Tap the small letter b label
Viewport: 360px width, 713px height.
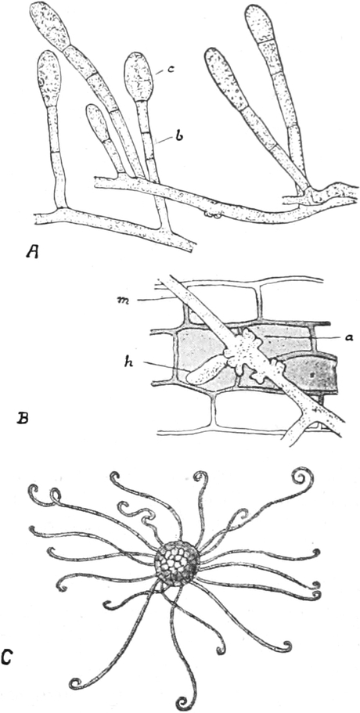click(x=179, y=135)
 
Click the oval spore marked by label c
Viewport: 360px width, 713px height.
click(x=139, y=77)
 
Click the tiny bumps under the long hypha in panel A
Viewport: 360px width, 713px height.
click(x=211, y=213)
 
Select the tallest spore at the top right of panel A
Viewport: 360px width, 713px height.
click(x=257, y=23)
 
